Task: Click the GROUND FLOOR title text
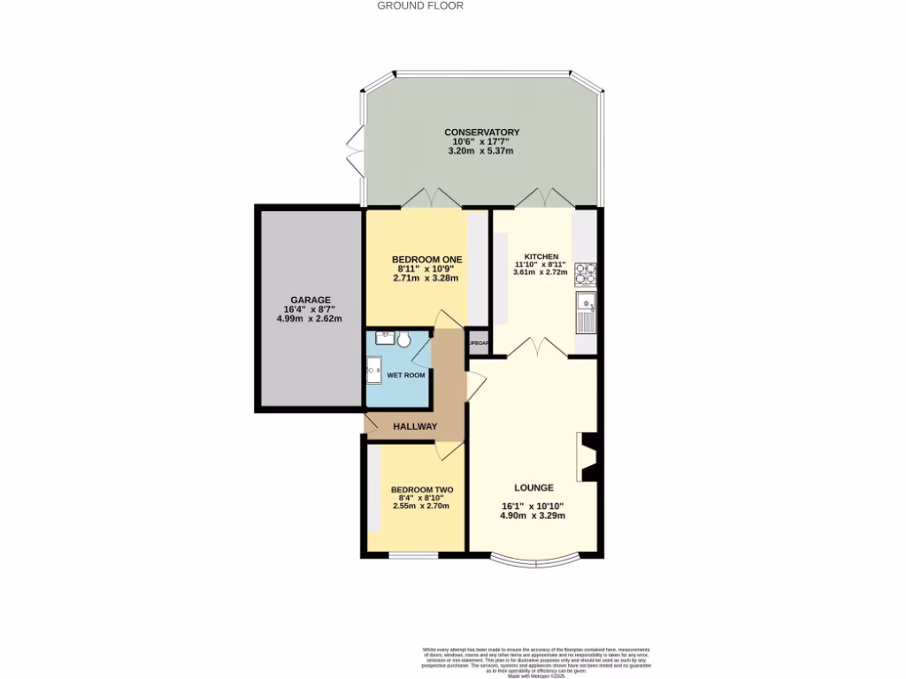[x=420, y=5]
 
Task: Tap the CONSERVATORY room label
[x=481, y=133]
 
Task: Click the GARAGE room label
[x=309, y=300]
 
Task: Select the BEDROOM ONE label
[x=427, y=259]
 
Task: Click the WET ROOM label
[x=406, y=375]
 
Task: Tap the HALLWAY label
[x=416, y=426]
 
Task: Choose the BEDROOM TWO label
[x=422, y=490]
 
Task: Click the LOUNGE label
[x=534, y=487]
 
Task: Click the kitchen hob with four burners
[x=586, y=273]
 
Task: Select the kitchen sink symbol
[x=586, y=310]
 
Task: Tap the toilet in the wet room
[x=404, y=339]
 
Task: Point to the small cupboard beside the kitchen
[x=480, y=342]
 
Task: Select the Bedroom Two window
[x=414, y=555]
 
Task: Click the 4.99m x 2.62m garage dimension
[x=309, y=319]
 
